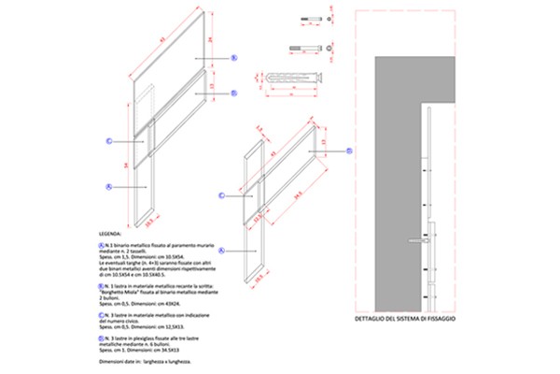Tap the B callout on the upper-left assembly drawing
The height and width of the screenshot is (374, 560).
tap(233, 93)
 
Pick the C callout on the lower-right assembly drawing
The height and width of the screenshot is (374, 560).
tap(222, 194)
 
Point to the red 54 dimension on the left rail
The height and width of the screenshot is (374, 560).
tap(124, 165)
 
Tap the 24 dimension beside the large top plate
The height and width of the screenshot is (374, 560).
tap(210, 39)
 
